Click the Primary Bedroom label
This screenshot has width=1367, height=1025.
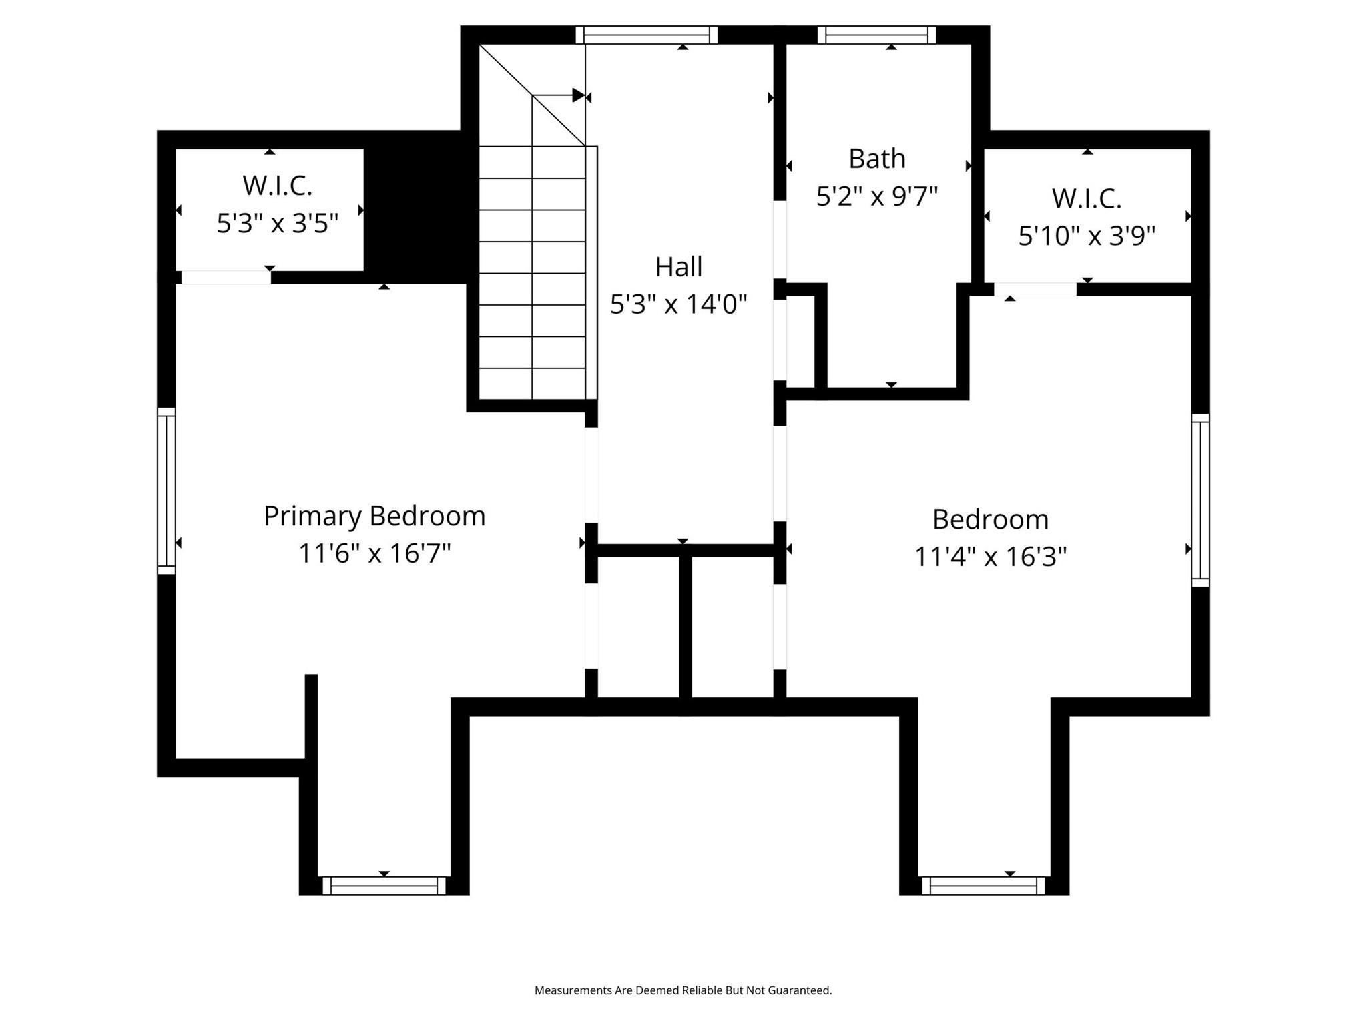pos(374,516)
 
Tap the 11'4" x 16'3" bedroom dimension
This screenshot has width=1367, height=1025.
pos(990,556)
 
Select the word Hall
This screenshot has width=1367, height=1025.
pos(678,267)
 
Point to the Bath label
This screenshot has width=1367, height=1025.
pos(876,159)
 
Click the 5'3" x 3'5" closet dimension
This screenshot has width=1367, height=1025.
pos(278,223)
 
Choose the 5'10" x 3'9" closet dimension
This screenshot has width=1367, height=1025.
pos(1086,236)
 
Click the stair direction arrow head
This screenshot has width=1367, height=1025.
pos(578,95)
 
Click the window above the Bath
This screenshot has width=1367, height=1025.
pos(876,35)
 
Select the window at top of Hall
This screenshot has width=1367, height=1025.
pos(646,35)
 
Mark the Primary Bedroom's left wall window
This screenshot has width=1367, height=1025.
pos(166,490)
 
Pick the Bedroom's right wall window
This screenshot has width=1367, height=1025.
pos(1200,500)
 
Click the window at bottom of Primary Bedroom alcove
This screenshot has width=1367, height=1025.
pos(384,886)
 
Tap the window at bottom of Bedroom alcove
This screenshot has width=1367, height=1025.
pos(983,886)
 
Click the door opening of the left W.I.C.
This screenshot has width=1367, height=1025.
pos(226,277)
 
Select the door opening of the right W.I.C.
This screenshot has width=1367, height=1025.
pos(1035,289)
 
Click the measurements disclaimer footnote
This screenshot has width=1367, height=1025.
pos(683,990)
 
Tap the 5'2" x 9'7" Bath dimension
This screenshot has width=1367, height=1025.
pos(876,196)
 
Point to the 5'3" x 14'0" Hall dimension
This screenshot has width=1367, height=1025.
pos(678,304)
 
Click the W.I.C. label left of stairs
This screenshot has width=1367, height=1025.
pos(278,186)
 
